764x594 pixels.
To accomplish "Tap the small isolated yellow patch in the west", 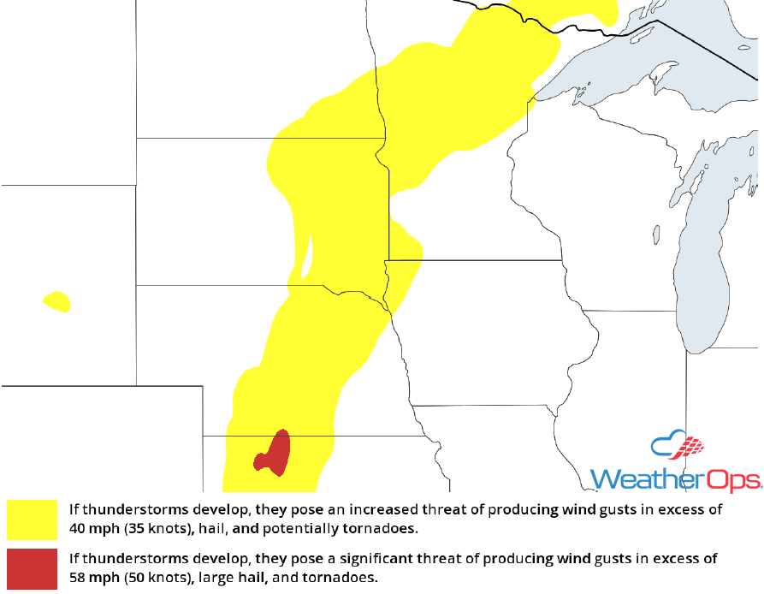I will click(x=56, y=301).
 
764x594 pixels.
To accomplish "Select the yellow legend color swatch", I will click(x=32, y=520).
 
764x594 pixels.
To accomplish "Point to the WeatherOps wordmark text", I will click(x=676, y=478).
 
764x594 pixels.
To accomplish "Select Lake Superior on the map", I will click(x=616, y=68).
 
